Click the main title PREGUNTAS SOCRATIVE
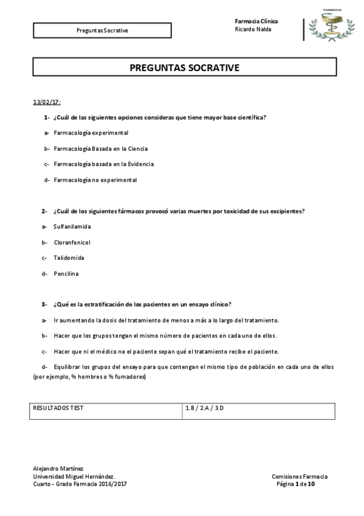click(x=184, y=68)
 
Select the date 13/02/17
click(x=47, y=102)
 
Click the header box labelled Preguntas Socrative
click(x=103, y=30)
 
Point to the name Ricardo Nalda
click(x=253, y=29)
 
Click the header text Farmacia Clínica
click(x=256, y=21)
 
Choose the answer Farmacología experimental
click(x=91, y=133)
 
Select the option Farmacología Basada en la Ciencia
click(x=100, y=148)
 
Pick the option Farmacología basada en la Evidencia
click(x=103, y=164)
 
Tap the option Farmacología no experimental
click(x=95, y=180)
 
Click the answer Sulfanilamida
click(x=72, y=226)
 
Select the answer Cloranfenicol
click(x=72, y=242)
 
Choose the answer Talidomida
click(x=69, y=258)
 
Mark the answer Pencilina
click(x=66, y=274)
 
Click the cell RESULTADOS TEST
click(x=58, y=408)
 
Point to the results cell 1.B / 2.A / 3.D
click(x=205, y=408)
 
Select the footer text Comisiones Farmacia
click(x=299, y=476)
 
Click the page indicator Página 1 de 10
click(x=295, y=484)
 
